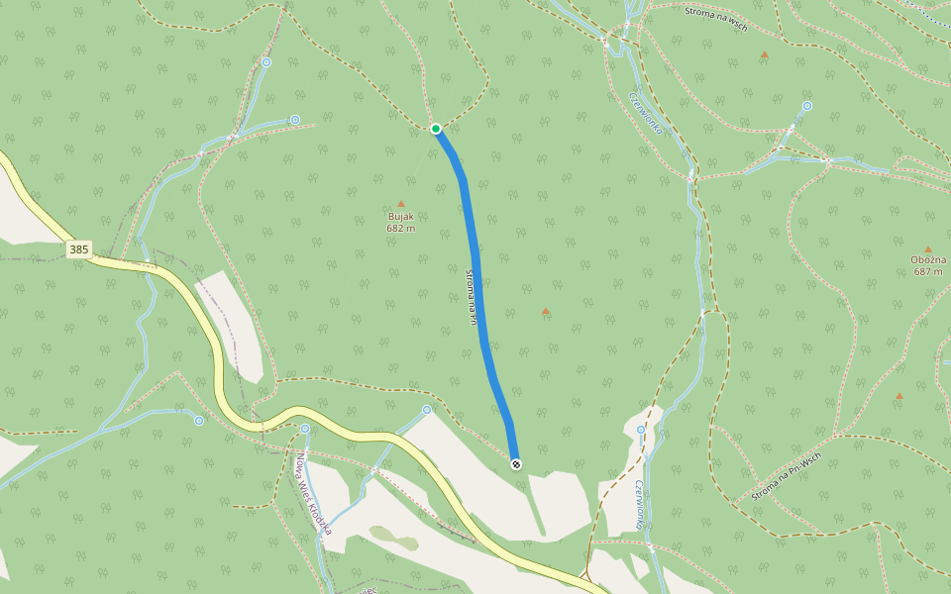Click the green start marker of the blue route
tap(436, 129)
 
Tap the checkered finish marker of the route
tap(516, 463)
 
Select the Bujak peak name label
tap(400, 216)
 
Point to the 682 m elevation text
tap(400, 228)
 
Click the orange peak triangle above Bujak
tap(401, 204)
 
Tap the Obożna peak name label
tap(927, 260)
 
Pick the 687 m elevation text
tap(927, 271)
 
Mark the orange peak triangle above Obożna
tap(928, 249)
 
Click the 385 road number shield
tap(79, 250)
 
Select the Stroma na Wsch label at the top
tap(715, 19)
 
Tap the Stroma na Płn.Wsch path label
tap(787, 476)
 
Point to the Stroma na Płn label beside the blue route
tap(473, 296)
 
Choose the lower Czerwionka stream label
tap(640, 503)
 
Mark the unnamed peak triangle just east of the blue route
tap(546, 312)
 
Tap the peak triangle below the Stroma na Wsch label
tap(764, 54)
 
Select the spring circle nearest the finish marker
tap(427, 410)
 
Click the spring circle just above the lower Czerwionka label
tap(641, 430)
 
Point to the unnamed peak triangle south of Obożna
tap(899, 396)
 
